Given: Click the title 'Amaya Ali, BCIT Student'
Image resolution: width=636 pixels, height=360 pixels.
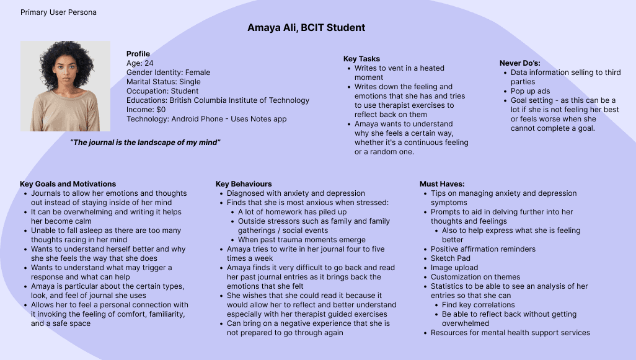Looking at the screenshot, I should pyautogui.click(x=306, y=28).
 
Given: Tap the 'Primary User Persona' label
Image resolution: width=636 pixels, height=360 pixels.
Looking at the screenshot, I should pyautogui.click(x=58, y=12).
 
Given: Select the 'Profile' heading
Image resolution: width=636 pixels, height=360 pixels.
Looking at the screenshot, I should pyautogui.click(x=138, y=54).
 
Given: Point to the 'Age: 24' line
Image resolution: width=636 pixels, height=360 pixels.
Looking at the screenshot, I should pyautogui.click(x=140, y=63).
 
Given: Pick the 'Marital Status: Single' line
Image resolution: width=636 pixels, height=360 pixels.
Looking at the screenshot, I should pyautogui.click(x=164, y=82).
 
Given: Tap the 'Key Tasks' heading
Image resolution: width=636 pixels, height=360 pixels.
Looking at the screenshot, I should pyautogui.click(x=361, y=59).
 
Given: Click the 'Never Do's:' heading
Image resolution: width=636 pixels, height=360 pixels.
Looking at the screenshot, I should pyautogui.click(x=520, y=63).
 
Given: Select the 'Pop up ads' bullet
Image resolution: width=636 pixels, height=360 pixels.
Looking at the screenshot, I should pyautogui.click(x=531, y=91).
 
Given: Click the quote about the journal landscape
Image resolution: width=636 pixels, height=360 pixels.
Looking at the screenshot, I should pyautogui.click(x=146, y=143).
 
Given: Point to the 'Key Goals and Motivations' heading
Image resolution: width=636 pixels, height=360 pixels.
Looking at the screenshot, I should pyautogui.click(x=68, y=184).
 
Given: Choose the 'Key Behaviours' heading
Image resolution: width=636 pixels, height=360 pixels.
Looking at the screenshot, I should pyautogui.click(x=244, y=184).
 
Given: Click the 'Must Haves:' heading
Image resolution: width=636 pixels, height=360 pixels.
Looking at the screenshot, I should pyautogui.click(x=442, y=184).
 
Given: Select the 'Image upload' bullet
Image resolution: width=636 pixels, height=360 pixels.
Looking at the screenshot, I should pyautogui.click(x=454, y=268).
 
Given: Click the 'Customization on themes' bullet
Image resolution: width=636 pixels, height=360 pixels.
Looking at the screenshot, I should pyautogui.click(x=475, y=277).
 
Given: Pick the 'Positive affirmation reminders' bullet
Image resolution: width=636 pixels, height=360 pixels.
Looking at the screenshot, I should pyautogui.click(x=483, y=249).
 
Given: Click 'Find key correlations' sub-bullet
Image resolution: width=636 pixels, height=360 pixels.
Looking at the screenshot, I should pyautogui.click(x=478, y=305).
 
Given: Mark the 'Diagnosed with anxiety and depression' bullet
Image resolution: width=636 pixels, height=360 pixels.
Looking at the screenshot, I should pyautogui.click(x=296, y=193).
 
